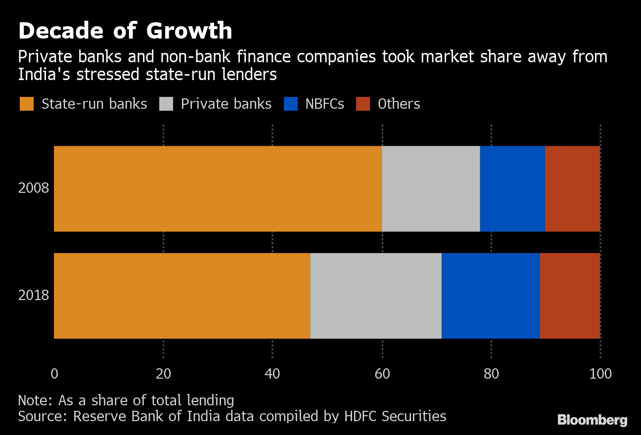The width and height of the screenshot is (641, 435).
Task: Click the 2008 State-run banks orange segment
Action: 218,188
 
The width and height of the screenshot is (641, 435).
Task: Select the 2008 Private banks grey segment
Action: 431,188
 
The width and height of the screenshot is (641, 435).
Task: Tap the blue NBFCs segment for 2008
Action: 512,188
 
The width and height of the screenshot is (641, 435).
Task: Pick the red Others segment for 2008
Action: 572,188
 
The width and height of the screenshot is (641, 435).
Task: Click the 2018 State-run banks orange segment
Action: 182,296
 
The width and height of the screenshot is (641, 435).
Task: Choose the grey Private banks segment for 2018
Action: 376,296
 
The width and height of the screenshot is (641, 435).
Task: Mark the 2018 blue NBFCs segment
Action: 491,296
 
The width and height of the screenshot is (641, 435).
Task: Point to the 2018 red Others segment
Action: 570,296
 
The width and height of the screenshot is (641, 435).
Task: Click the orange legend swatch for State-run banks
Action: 27,104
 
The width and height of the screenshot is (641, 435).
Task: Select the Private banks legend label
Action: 226,104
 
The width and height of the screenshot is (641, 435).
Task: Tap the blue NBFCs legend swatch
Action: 291,104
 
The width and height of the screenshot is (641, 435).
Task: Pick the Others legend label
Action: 399,104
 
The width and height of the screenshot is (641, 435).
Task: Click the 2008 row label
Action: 34,188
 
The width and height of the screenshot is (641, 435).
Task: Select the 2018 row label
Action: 34,296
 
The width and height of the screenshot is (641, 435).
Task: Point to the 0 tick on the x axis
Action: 54,374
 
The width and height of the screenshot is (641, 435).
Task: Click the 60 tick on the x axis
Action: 382,374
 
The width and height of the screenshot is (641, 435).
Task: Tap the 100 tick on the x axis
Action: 600,374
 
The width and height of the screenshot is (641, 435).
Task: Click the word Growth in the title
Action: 189,31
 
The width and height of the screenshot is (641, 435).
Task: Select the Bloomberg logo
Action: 593,420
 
